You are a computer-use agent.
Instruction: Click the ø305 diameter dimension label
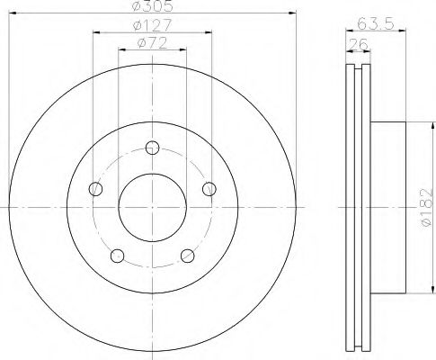pyautogui.click(x=153, y=5)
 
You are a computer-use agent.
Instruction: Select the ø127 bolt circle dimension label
pyautogui.click(x=153, y=24)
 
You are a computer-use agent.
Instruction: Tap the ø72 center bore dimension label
pyautogui.click(x=152, y=43)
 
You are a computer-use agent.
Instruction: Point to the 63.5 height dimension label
pyautogui.click(x=376, y=23)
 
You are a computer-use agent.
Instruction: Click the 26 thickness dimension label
pyautogui.click(x=359, y=45)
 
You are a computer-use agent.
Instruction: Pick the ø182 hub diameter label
pyautogui.click(x=426, y=207)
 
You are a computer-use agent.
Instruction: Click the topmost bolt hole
pyautogui.click(x=153, y=148)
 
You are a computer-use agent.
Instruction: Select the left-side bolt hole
pyautogui.click(x=96, y=189)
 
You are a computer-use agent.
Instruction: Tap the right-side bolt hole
pyautogui.click(x=209, y=189)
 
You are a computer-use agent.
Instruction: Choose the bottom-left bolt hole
pyautogui.click(x=118, y=256)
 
